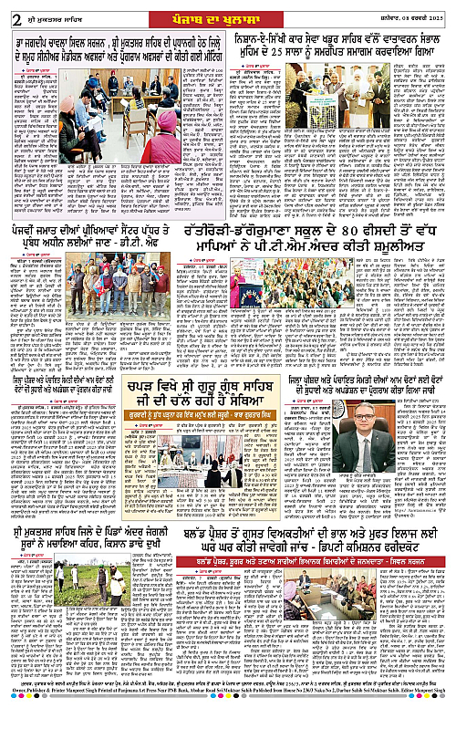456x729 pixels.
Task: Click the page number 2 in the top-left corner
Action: [x=10, y=11]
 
